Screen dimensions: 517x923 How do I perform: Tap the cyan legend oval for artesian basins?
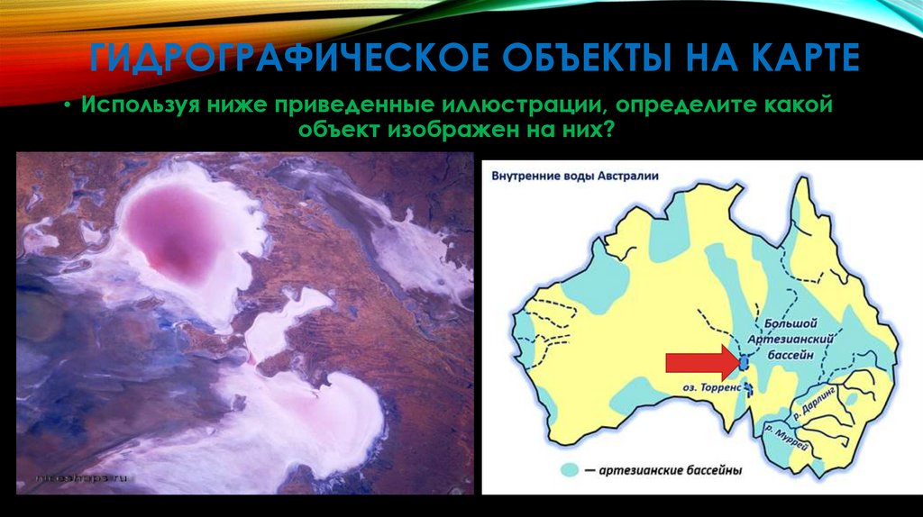coord(569,469)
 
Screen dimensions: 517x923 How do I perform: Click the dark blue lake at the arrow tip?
coord(743,363)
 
